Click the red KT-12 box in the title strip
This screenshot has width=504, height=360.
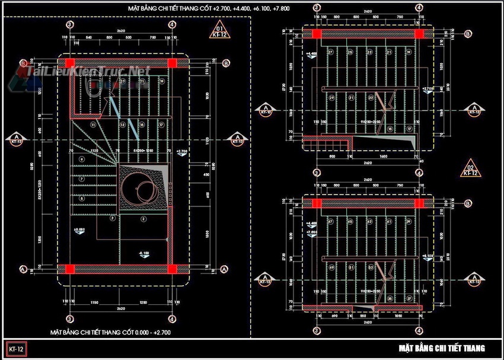click(x=16, y=348)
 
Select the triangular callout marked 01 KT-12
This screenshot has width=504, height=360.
click(x=218, y=31)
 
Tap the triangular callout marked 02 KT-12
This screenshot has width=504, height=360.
click(x=470, y=168)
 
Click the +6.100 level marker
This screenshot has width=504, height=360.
click(x=426, y=256)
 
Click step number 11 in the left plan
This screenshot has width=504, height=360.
click(x=92, y=125)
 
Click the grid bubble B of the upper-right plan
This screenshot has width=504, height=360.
click(x=468, y=34)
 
